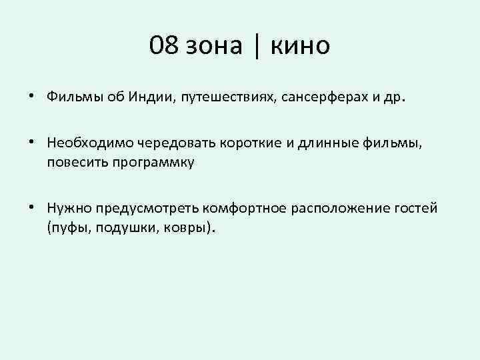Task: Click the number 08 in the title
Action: pos(164,46)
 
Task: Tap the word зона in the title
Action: pos(215,46)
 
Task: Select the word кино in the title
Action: pos(299,46)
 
